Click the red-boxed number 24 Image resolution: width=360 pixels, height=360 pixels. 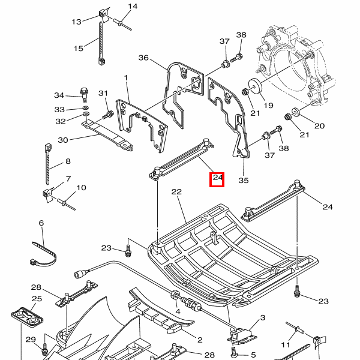tap(217, 179)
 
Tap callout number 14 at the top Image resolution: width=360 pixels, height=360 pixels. tap(133, 7)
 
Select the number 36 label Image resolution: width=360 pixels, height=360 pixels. tap(143, 58)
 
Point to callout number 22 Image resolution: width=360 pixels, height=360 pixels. tap(176, 192)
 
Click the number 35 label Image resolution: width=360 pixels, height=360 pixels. tap(243, 180)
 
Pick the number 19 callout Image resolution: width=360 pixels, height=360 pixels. tap(268, 106)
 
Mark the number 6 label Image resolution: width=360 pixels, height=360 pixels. tap(41, 223)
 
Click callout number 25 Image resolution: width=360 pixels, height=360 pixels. tap(37, 299)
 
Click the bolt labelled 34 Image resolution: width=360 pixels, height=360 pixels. tap(84, 94)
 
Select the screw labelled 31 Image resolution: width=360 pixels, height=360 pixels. tap(109, 113)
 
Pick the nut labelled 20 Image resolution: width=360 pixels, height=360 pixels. tap(295, 112)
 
